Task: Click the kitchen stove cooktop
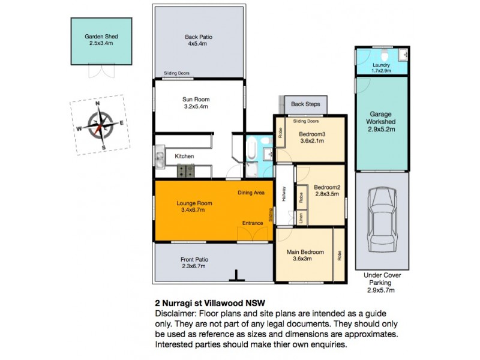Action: tap(186, 172)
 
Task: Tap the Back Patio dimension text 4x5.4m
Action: tap(199, 44)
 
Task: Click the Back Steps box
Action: tap(305, 104)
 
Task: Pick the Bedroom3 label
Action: tap(313, 133)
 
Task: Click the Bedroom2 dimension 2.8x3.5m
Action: tap(326, 194)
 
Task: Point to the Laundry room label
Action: tap(381, 65)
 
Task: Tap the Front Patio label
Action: tap(195, 260)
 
